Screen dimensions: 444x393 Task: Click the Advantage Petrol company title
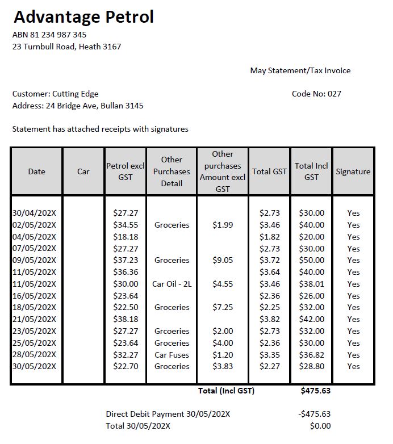[x=83, y=18]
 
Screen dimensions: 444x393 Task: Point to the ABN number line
[x=49, y=35]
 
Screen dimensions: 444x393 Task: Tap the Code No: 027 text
[x=316, y=94]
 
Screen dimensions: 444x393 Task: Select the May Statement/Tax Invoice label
[x=300, y=71]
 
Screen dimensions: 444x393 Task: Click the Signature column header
[x=353, y=171]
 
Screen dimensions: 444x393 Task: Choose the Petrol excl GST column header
[x=126, y=171]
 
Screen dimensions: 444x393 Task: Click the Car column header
[x=83, y=171]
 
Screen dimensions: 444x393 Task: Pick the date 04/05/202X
[x=34, y=237]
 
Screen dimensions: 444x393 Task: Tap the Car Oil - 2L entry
[x=172, y=284]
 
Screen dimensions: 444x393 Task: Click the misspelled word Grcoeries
[x=172, y=331]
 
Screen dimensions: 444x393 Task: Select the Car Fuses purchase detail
[x=172, y=355]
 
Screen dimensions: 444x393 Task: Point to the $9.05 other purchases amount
[x=223, y=260]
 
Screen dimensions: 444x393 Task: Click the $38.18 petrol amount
[x=126, y=319]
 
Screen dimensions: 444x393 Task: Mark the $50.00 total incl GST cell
[x=312, y=260]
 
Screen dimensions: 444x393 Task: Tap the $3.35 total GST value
[x=269, y=355]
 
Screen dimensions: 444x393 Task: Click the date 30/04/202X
[x=34, y=213]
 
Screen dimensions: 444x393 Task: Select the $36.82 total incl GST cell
[x=312, y=355]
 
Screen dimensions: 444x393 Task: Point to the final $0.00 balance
[x=320, y=426]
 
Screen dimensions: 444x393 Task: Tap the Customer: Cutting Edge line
[x=55, y=94]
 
